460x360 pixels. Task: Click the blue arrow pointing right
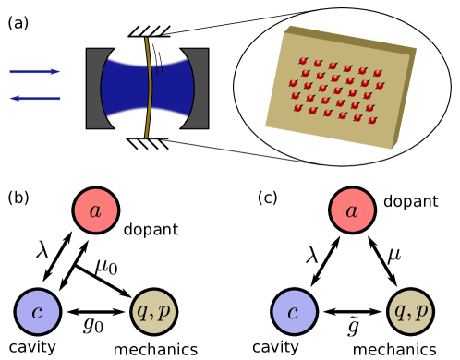tap(35, 71)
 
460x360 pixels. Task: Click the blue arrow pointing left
tap(35, 98)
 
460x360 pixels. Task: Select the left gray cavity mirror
tap(94, 88)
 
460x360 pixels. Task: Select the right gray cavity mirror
tap(200, 88)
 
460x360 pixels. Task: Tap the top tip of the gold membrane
tap(146, 40)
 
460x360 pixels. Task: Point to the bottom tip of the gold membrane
tap(146, 136)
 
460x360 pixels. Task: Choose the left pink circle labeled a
tap(96, 210)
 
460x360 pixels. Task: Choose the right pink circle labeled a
tap(352, 210)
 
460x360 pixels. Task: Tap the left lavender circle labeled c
tap(38, 312)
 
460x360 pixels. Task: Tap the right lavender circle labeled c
tap(294, 312)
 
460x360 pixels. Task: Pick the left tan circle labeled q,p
tap(153, 312)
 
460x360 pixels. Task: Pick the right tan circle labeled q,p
tap(410, 312)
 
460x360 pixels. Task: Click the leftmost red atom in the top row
tap(303, 61)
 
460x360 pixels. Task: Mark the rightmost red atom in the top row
tap(377, 73)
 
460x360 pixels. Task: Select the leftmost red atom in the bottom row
tap(298, 108)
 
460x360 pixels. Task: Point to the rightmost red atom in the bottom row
tap(372, 120)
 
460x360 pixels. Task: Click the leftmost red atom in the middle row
tap(294, 83)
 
